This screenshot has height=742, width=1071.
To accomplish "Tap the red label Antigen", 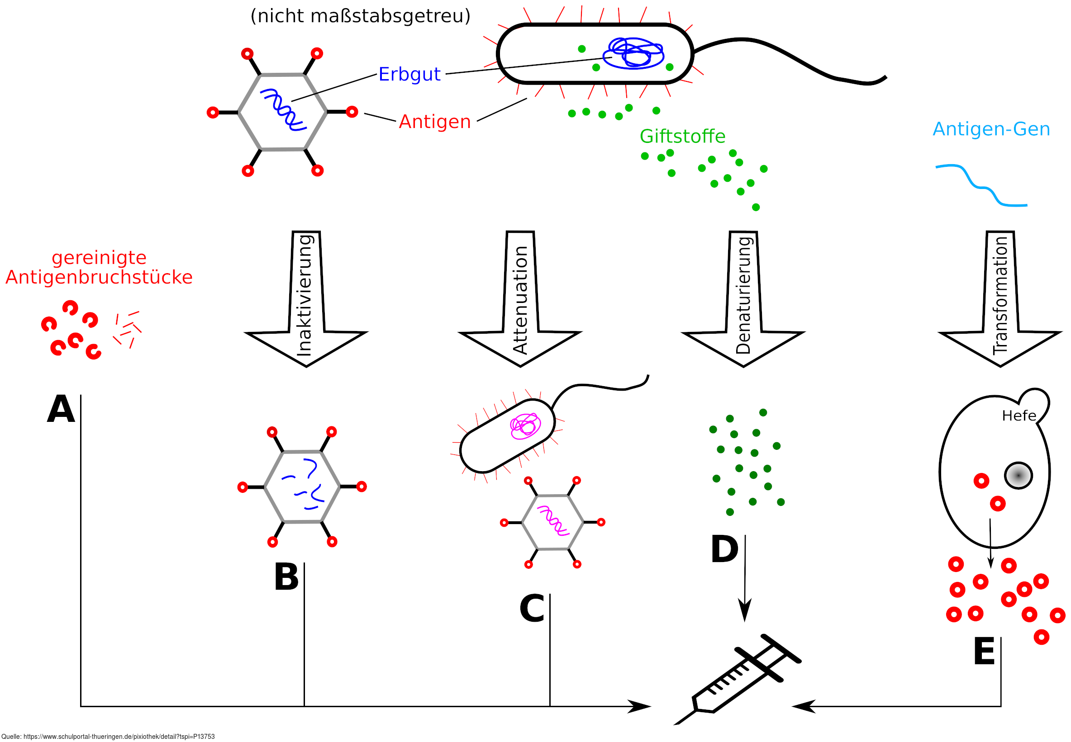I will [434, 122].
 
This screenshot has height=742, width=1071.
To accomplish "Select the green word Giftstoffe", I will [682, 136].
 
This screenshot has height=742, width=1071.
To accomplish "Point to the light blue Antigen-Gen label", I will [991, 129].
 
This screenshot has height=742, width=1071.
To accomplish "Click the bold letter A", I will [61, 409].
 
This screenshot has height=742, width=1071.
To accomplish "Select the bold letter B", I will [286, 577].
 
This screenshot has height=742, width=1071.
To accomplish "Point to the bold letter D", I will [724, 549].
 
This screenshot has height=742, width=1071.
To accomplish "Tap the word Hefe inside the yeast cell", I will [1019, 416].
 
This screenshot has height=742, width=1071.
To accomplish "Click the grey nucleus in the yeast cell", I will [1019, 476].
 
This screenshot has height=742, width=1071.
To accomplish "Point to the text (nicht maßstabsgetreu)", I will [361, 16].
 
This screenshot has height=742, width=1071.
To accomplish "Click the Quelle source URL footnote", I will [108, 737].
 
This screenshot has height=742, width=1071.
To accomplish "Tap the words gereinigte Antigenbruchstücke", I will [99, 267].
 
